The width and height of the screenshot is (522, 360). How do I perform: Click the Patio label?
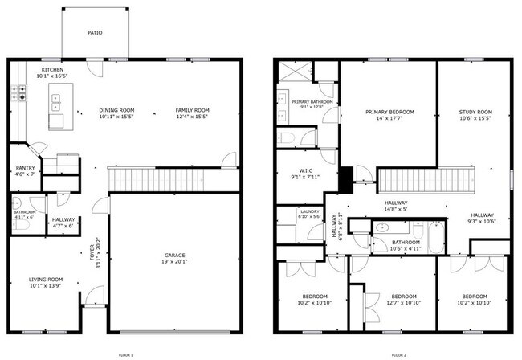(95, 33)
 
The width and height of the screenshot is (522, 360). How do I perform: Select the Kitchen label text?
(53, 70)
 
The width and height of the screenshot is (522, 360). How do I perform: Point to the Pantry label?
(23, 168)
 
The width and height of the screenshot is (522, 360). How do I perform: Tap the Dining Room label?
(116, 110)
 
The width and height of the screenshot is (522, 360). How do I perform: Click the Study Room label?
(475, 112)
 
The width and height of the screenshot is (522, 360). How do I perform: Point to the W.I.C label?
(305, 170)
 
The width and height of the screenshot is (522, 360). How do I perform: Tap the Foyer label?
(92, 257)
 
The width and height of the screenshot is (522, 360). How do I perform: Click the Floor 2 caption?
(399, 354)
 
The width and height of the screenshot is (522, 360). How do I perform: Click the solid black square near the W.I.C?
(345, 178)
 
